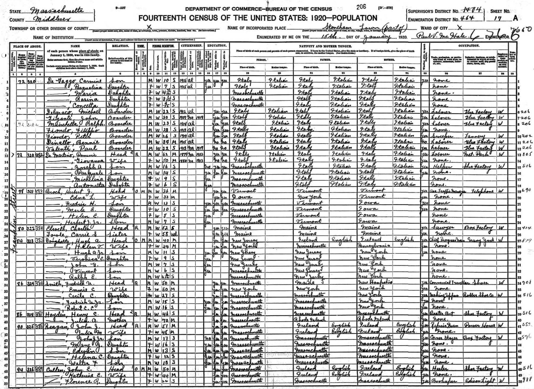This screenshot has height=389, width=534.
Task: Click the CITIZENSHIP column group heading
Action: [x=191, y=46]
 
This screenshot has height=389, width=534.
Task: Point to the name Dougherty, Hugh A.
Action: [x=67, y=240]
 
